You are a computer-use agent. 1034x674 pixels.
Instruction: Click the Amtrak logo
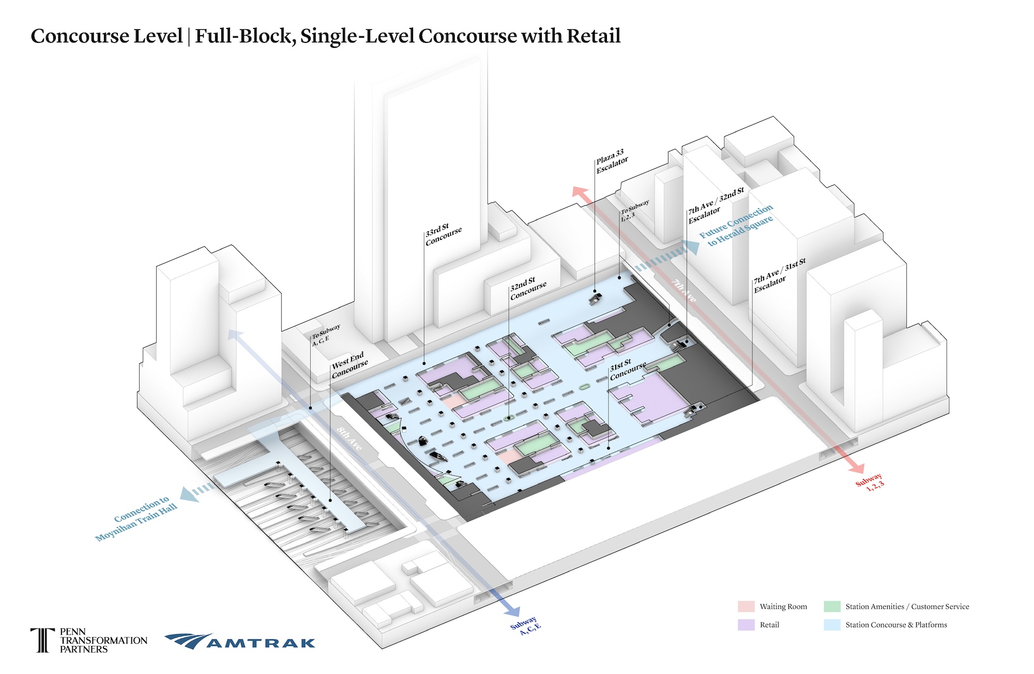coord(240,641)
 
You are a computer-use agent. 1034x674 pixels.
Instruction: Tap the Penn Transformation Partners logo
coord(89,640)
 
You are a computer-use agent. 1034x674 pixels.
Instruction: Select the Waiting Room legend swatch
coord(746,606)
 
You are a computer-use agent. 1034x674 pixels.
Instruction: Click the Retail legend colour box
coord(746,625)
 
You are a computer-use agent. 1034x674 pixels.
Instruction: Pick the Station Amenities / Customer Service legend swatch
coord(832,606)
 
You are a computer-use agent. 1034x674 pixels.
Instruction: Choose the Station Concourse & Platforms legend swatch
coord(832,625)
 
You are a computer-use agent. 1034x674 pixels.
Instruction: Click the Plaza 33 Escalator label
coord(612,161)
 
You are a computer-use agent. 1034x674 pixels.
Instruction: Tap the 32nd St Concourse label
coord(528,289)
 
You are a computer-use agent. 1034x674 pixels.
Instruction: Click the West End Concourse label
coord(349,365)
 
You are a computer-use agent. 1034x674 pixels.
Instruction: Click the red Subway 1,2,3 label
coord(870,482)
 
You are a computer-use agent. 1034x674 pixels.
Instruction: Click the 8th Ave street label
coord(349,438)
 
